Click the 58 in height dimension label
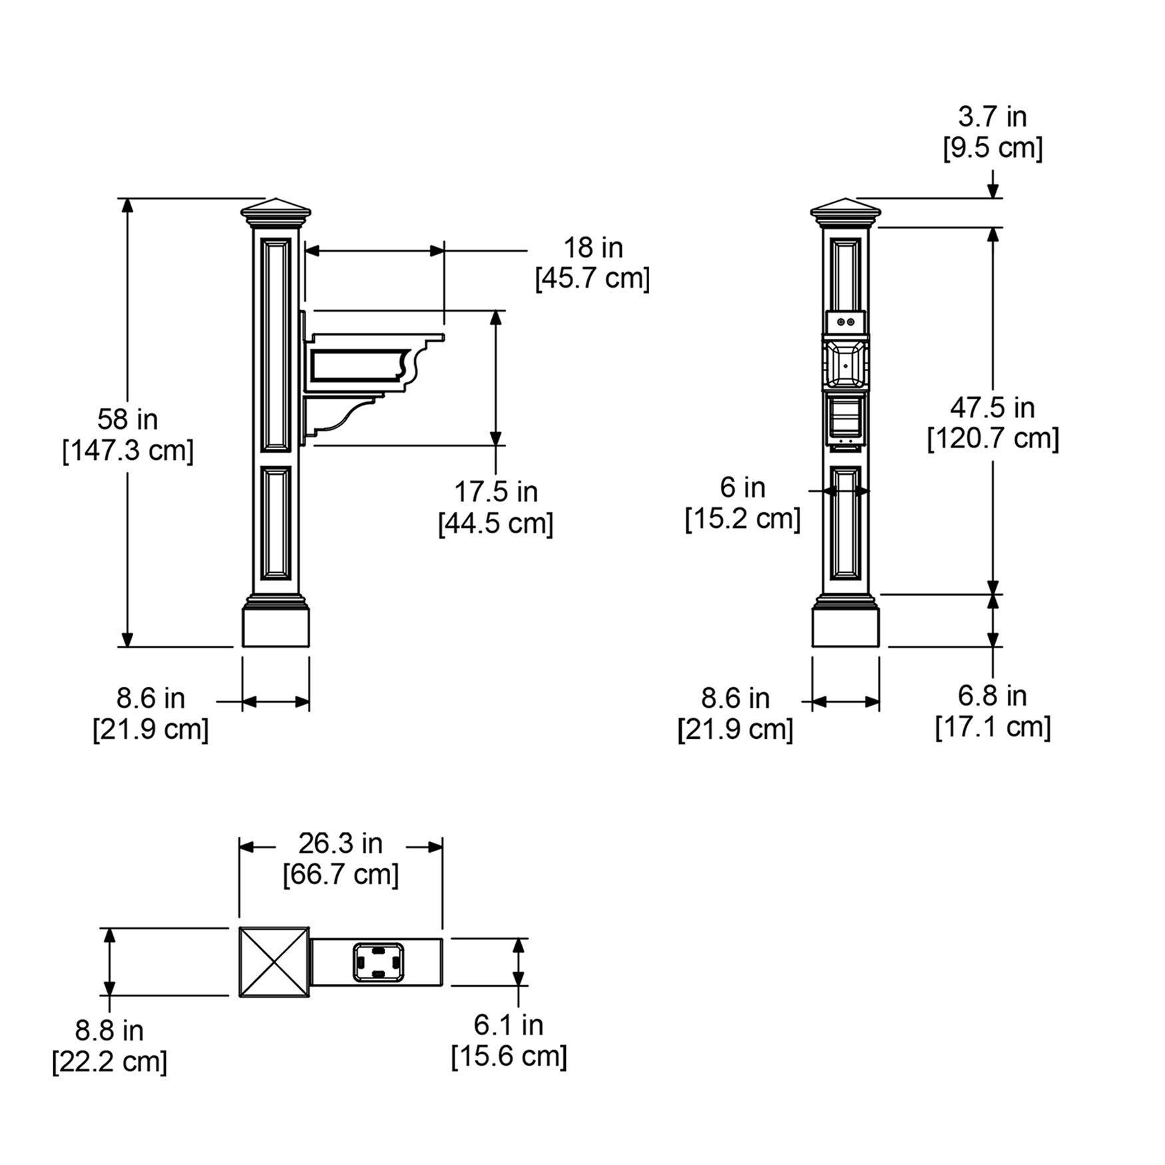tap(128, 419)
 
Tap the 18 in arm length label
tap(593, 248)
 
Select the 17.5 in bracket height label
tap(496, 492)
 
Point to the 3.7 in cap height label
tap(992, 116)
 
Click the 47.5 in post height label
tap(993, 407)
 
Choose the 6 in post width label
tap(742, 487)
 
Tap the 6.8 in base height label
tap(992, 696)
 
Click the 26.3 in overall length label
tap(340, 843)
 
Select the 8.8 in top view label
tap(109, 1031)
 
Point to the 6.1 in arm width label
tap(509, 1025)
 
